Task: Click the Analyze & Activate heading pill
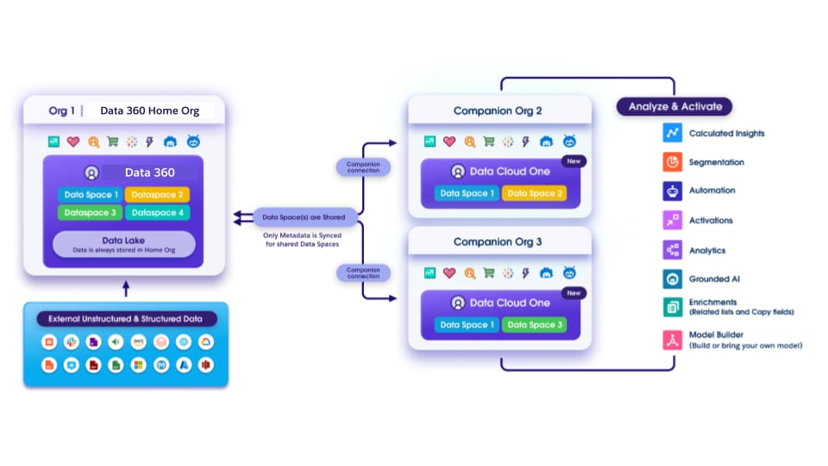674,107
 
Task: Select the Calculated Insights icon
672,133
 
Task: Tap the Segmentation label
716,162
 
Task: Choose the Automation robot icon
672,191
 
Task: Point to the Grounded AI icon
672,279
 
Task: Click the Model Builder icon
672,339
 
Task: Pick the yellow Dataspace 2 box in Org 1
157,195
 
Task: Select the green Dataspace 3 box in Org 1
90,212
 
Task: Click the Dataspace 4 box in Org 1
157,212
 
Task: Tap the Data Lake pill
124,244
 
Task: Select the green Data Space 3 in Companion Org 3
535,324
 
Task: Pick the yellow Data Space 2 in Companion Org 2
535,193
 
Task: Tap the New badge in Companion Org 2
572,161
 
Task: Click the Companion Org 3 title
498,242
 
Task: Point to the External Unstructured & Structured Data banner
126,319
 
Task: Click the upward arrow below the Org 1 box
126,288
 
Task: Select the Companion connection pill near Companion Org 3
363,273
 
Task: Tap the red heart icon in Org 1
73,142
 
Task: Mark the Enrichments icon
672,306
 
